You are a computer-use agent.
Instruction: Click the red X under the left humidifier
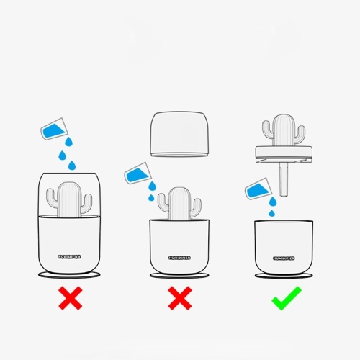pyautogui.click(x=71, y=298)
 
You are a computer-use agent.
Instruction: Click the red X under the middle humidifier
pyautogui.click(x=180, y=298)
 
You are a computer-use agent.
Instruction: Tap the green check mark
pyautogui.click(x=286, y=298)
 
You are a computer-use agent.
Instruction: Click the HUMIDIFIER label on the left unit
pyautogui.click(x=69, y=257)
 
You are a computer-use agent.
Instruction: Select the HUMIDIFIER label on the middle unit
pyautogui.click(x=179, y=258)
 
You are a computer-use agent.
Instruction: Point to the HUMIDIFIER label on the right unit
pyautogui.click(x=284, y=258)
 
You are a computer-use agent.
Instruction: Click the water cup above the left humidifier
pyautogui.click(x=54, y=129)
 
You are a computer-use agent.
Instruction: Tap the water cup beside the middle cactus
pyautogui.click(x=138, y=174)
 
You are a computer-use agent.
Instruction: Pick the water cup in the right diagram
pyautogui.click(x=258, y=189)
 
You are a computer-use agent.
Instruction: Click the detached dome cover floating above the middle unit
pyautogui.click(x=179, y=134)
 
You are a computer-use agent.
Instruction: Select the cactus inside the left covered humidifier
pyautogui.click(x=69, y=199)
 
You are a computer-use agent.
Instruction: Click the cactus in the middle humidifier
pyautogui.click(x=179, y=204)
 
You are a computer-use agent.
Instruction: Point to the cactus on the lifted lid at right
pyautogui.click(x=284, y=130)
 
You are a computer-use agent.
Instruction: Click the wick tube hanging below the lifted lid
pyautogui.click(x=284, y=180)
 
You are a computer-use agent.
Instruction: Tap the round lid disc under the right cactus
pyautogui.click(x=284, y=155)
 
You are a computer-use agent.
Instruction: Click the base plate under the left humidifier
pyautogui.click(x=69, y=275)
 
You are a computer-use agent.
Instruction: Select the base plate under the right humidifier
pyautogui.click(x=284, y=276)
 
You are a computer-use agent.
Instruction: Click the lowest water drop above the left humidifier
pyautogui.click(x=72, y=166)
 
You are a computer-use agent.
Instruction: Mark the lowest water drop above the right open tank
pyautogui.click(x=272, y=213)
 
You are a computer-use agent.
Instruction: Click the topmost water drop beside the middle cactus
pyautogui.click(x=152, y=186)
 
